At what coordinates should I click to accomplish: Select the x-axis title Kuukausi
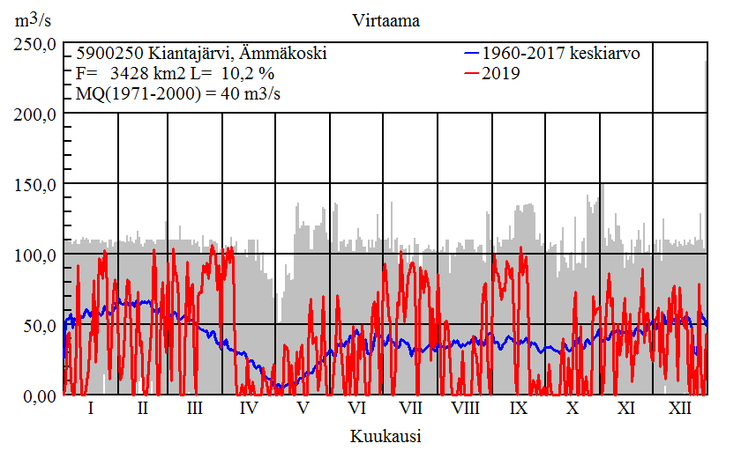tap(385, 436)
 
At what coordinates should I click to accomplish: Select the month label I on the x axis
tap(91, 409)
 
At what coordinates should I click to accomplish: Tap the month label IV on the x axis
tap(249, 409)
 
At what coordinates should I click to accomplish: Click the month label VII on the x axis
tap(411, 409)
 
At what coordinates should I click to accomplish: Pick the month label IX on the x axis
tap(519, 409)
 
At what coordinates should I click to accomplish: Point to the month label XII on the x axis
tap(680, 409)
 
